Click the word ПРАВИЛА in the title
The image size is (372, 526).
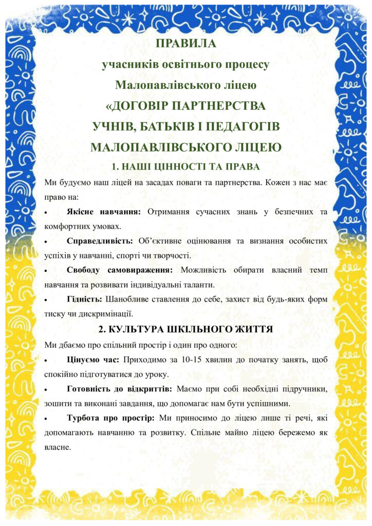185,44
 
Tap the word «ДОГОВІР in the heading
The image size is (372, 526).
138,106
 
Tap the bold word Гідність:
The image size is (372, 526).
84,299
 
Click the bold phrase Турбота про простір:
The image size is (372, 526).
110,418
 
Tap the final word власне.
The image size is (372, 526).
57,447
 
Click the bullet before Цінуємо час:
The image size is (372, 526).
47,360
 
